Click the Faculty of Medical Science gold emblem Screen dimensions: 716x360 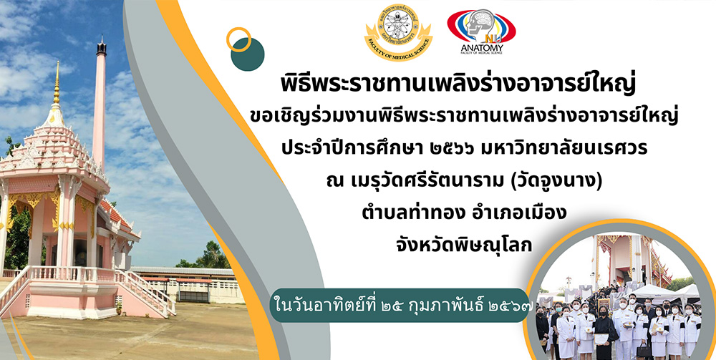tap(398, 32)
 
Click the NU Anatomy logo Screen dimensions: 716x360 tap(481, 31)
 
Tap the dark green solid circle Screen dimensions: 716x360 tap(248, 54)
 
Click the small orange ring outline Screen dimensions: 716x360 tap(238, 39)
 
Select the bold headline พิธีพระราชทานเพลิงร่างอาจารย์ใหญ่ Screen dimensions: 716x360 tap(458, 86)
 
